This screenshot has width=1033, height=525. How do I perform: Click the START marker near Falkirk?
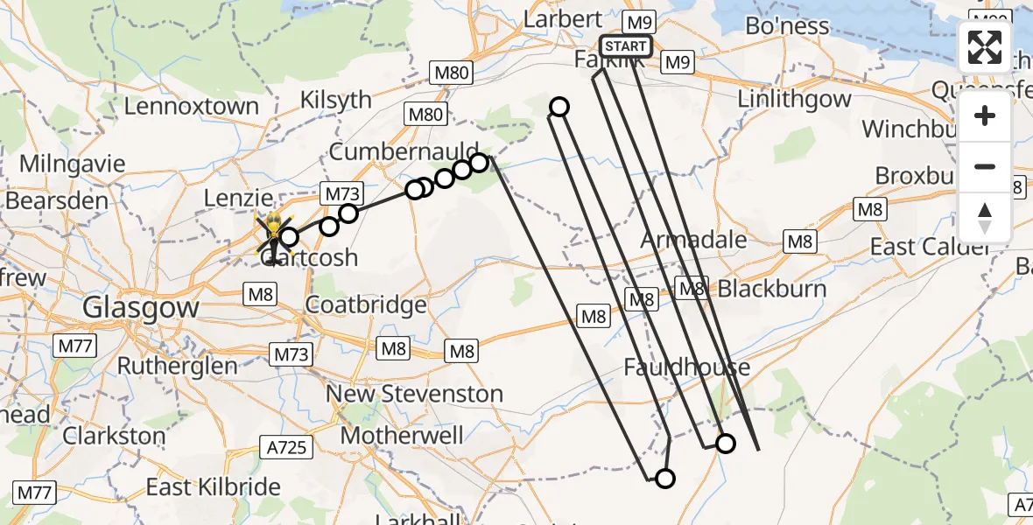coord(625,46)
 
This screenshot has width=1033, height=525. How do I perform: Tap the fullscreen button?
coord(985,47)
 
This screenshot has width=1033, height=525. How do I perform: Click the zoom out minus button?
coord(985,166)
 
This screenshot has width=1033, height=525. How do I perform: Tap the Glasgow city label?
coord(140,308)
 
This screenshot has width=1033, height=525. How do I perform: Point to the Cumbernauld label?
coord(404,151)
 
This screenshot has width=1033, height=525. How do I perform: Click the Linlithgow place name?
coord(794,98)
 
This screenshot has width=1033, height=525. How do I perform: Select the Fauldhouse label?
coord(686,367)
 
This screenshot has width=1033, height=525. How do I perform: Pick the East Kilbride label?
coord(214,487)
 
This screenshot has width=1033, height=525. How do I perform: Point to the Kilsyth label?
coord(335,100)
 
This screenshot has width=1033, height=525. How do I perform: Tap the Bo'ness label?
coord(787,26)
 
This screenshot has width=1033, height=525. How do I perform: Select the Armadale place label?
coord(694,240)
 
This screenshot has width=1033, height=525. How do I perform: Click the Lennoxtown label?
coord(192,107)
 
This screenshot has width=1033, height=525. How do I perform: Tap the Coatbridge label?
coord(365,305)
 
